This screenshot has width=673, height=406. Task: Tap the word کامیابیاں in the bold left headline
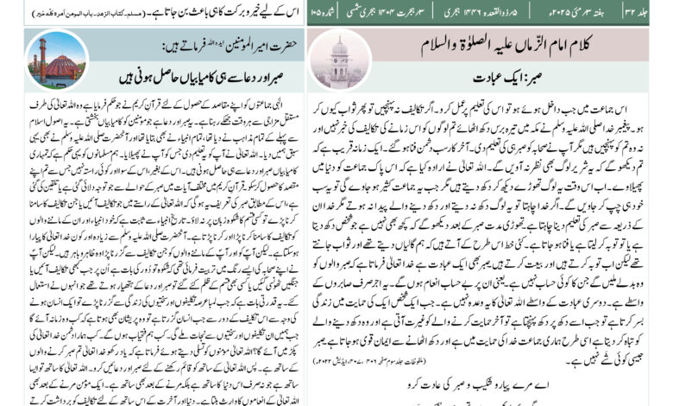coord(174,70)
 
